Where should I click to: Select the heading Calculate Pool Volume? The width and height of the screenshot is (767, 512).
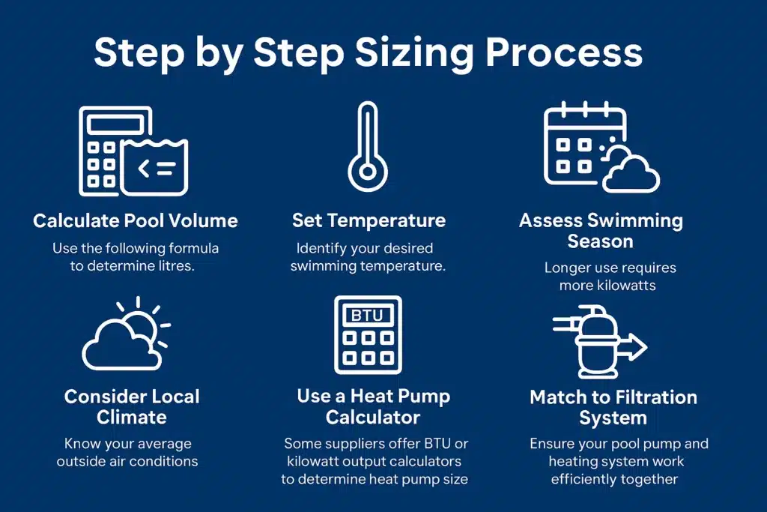pyautogui.click(x=136, y=220)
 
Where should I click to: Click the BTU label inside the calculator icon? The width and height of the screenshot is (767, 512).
pyautogui.click(x=367, y=315)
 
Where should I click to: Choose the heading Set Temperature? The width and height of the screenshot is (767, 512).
pyautogui.click(x=369, y=220)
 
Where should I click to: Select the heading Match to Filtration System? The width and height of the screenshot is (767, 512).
pyautogui.click(x=613, y=407)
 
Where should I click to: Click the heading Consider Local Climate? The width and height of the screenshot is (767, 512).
pyautogui.click(x=132, y=406)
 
